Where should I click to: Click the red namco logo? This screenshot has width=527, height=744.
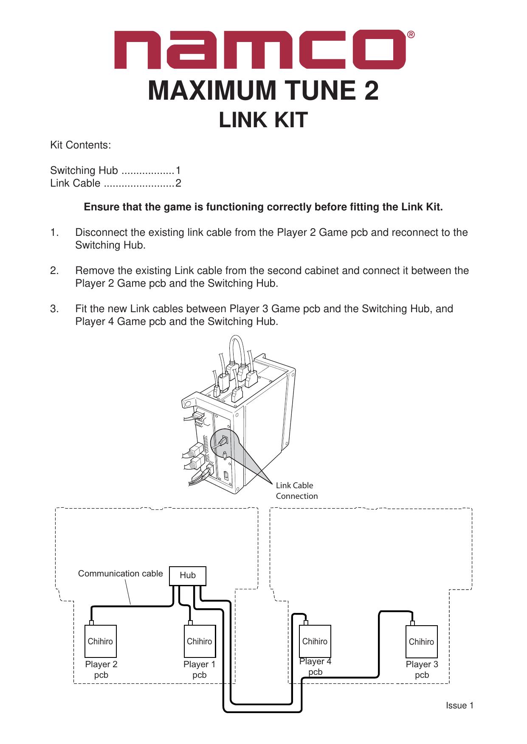pyautogui.click(x=260, y=50)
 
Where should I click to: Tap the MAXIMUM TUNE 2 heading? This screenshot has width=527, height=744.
pyautogui.click(x=263, y=91)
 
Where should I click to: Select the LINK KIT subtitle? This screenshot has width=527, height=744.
pyautogui.click(x=263, y=120)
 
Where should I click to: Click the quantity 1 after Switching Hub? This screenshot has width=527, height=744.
pyautogui.click(x=178, y=171)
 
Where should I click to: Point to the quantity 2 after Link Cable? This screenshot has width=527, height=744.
pyautogui.click(x=178, y=183)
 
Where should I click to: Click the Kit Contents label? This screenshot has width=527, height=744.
pyautogui.click(x=81, y=145)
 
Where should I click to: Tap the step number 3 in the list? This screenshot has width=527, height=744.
pyautogui.click(x=54, y=309)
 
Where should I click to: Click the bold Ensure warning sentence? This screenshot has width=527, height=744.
pyautogui.click(x=263, y=207)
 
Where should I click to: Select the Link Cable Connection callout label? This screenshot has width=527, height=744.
pyautogui.click(x=296, y=490)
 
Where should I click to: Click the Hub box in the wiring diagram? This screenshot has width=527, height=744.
pyautogui.click(x=188, y=576)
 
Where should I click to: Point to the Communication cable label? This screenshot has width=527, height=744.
pyautogui.click(x=120, y=573)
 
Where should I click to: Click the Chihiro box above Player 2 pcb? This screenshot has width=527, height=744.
pyautogui.click(x=101, y=641)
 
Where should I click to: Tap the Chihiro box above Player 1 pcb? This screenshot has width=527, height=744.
pyautogui.click(x=199, y=641)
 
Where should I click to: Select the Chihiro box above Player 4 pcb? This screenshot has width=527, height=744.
pyautogui.click(x=315, y=641)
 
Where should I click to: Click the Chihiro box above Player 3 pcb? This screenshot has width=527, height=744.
pyautogui.click(x=421, y=642)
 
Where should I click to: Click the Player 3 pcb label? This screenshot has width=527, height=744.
pyautogui.click(x=422, y=669)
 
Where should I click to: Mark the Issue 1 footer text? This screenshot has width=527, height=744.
pyautogui.click(x=459, y=705)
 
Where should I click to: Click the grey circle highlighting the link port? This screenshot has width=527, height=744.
pyautogui.click(x=224, y=443)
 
